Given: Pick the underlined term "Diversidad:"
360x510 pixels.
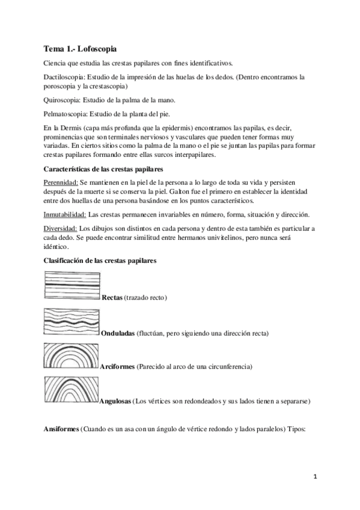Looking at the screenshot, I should pyautogui.click(x=61, y=229).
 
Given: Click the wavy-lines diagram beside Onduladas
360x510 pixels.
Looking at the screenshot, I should pyautogui.click(x=73, y=322).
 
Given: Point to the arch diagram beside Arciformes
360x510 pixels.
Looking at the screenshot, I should pyautogui.click(x=72, y=356).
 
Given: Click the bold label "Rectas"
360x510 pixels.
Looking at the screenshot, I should pyautogui.click(x=112, y=298).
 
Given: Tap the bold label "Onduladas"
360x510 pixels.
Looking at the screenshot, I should pyautogui.click(x=118, y=333).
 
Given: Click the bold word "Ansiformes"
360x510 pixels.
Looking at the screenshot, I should pyautogui.click(x=61, y=431).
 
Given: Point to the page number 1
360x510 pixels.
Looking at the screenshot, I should pyautogui.click(x=315, y=477).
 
